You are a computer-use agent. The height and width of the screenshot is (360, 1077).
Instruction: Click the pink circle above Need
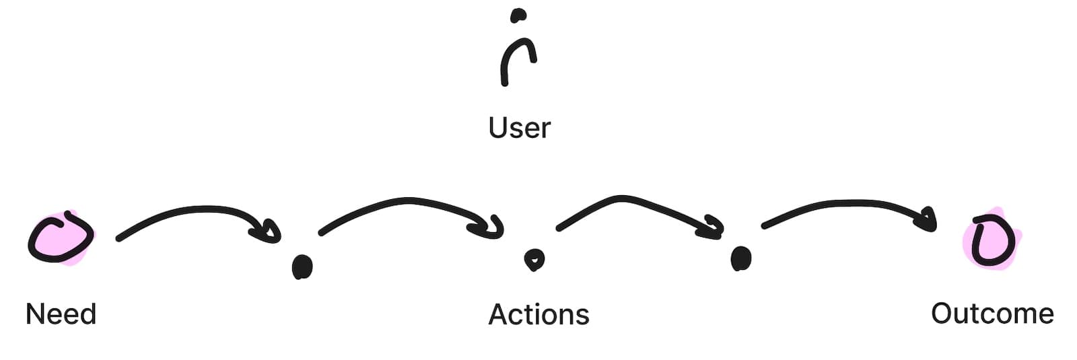(60, 239)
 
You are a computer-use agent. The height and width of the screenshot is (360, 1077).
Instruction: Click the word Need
(61, 314)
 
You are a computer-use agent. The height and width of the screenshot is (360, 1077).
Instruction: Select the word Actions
(538, 314)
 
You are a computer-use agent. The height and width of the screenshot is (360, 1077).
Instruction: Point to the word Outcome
(992, 314)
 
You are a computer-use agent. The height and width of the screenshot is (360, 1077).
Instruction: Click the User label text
(520, 128)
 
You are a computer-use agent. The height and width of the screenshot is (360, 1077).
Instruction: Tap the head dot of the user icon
(518, 15)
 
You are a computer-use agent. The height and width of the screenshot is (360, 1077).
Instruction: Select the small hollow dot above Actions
(534, 259)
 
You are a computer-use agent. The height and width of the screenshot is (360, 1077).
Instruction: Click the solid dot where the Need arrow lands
(302, 266)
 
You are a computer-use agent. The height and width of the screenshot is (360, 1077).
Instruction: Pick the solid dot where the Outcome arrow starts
(741, 258)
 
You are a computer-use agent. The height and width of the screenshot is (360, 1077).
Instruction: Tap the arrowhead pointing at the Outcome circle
(928, 219)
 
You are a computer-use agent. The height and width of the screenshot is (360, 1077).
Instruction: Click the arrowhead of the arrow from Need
(269, 231)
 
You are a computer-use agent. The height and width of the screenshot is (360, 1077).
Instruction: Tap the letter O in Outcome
(942, 314)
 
